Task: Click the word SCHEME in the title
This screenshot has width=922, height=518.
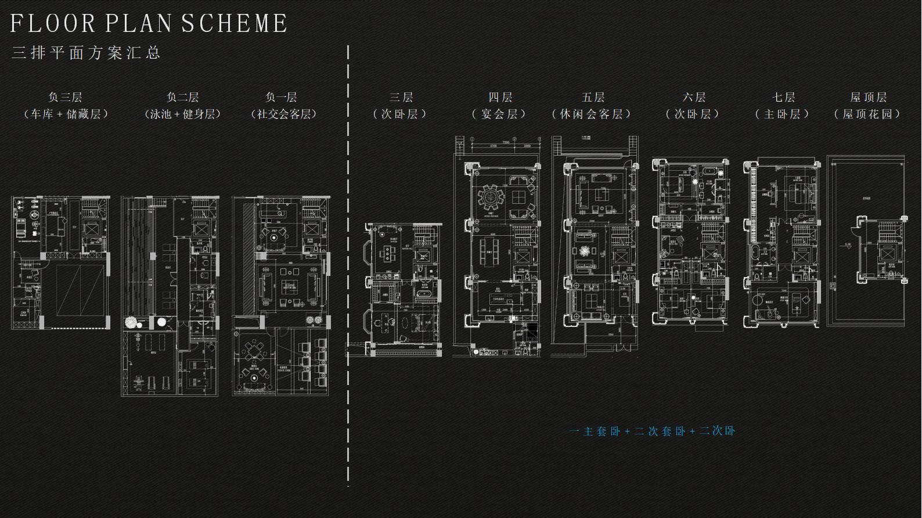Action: [235, 24]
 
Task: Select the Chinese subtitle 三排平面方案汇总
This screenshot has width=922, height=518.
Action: [86, 53]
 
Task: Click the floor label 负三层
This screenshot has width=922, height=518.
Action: [65, 97]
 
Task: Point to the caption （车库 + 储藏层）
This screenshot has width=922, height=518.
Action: [66, 114]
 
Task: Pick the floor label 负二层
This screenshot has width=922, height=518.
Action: [182, 97]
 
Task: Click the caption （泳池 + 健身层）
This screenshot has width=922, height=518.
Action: [183, 114]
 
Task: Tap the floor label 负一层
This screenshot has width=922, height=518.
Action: [281, 97]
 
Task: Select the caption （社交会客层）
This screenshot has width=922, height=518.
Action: [283, 114]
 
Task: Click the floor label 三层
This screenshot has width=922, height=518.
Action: [401, 97]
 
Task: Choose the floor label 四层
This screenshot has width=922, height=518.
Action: [500, 97]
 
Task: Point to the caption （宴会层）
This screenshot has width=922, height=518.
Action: [499, 114]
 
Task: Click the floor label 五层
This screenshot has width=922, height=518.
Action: [593, 97]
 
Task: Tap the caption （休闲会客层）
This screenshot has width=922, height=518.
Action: [592, 114]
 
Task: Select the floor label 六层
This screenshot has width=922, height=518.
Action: [693, 97]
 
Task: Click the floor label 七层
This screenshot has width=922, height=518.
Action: [783, 97]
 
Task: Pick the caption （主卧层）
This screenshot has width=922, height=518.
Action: [782, 114]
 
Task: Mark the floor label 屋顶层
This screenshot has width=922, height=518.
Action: [869, 97]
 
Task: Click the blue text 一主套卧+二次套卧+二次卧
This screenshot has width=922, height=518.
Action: [653, 431]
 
